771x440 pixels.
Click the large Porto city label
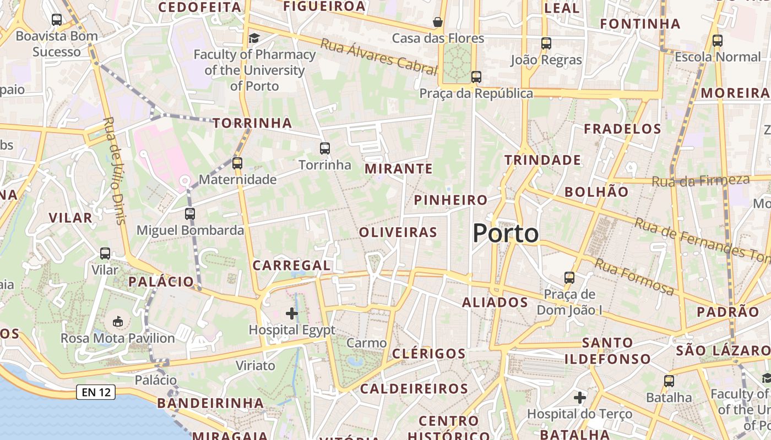(506, 234)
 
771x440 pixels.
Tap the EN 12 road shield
(95, 392)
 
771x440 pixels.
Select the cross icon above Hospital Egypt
(292, 314)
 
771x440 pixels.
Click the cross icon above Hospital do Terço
(579, 397)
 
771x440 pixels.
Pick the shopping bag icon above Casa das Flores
(438, 22)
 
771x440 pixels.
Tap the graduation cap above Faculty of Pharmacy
(254, 38)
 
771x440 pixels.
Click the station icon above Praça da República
(476, 77)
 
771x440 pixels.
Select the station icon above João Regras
(546, 43)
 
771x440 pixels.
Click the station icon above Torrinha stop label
(324, 148)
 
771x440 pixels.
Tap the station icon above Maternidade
(237, 163)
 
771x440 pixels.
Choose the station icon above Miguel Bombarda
(190, 213)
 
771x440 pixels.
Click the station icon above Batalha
(669, 381)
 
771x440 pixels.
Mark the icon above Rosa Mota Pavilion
(117, 321)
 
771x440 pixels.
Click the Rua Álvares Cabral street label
(378, 57)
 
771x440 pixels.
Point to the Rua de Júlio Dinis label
(115, 170)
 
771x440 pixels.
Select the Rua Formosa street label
(634, 277)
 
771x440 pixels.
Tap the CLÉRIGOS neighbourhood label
(428, 353)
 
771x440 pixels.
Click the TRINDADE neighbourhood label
(542, 160)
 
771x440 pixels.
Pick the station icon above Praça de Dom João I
(569, 278)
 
